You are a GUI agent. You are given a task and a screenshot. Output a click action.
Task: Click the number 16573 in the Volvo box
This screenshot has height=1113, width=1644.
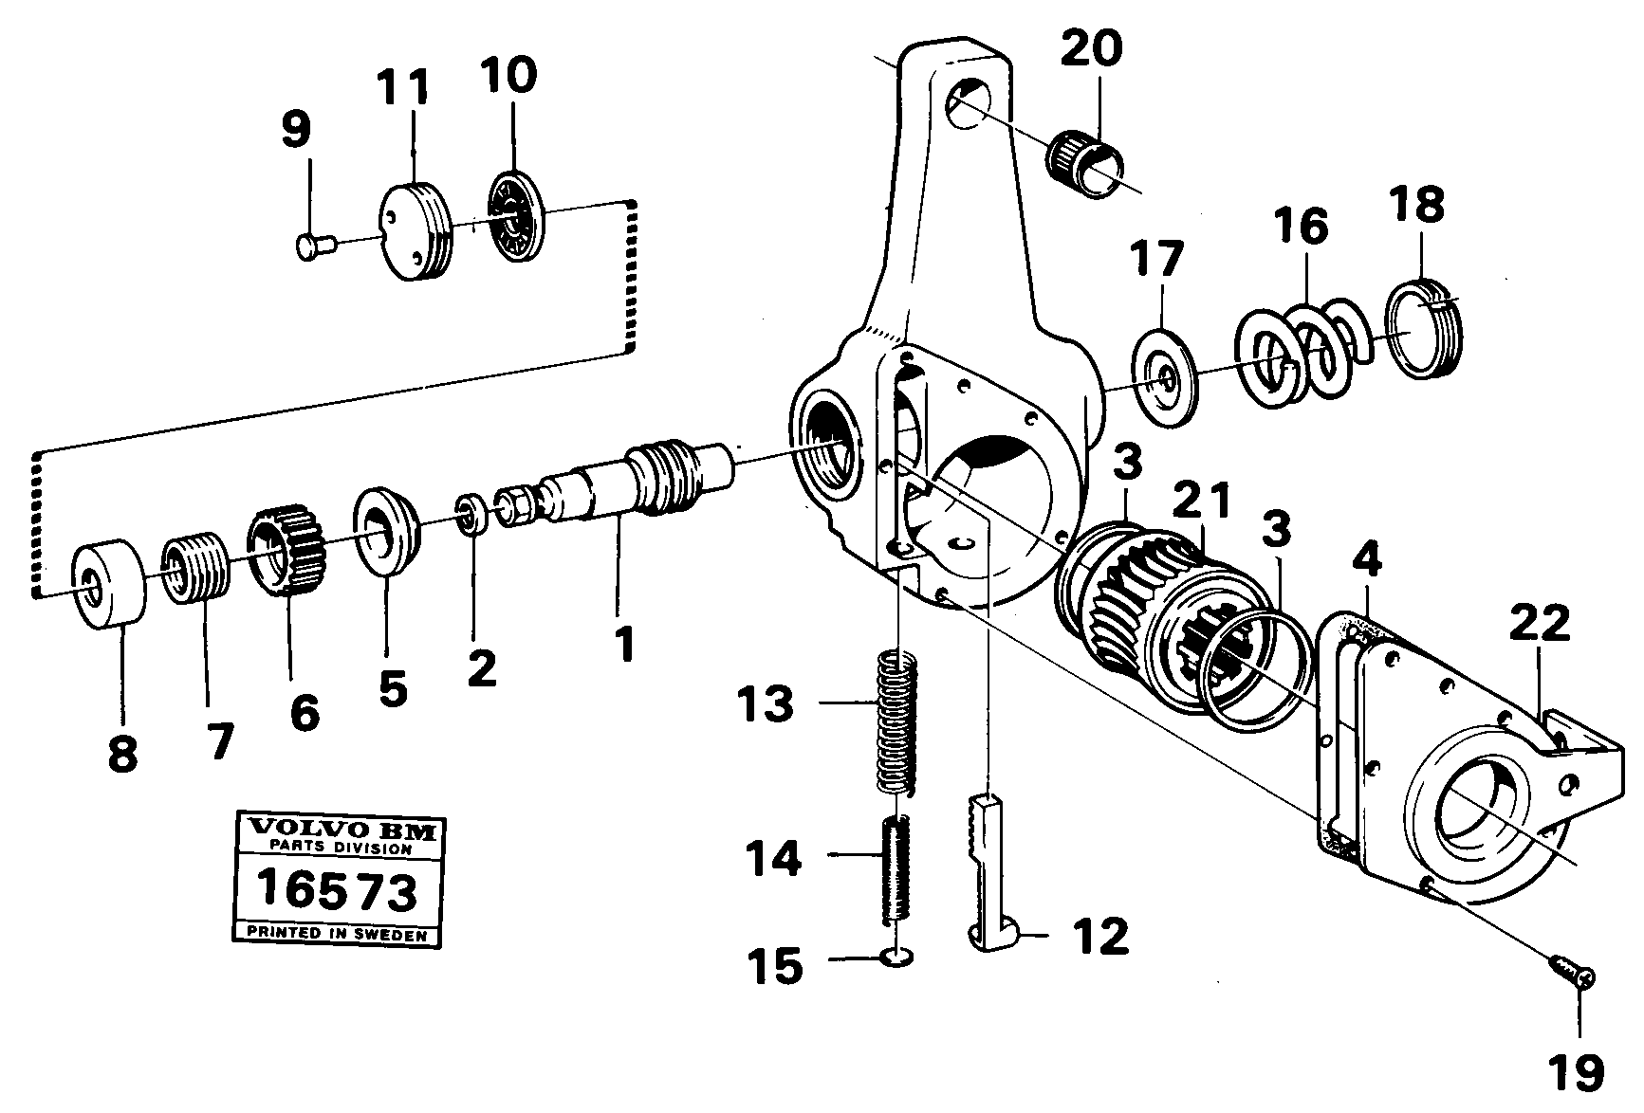tap(339, 892)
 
